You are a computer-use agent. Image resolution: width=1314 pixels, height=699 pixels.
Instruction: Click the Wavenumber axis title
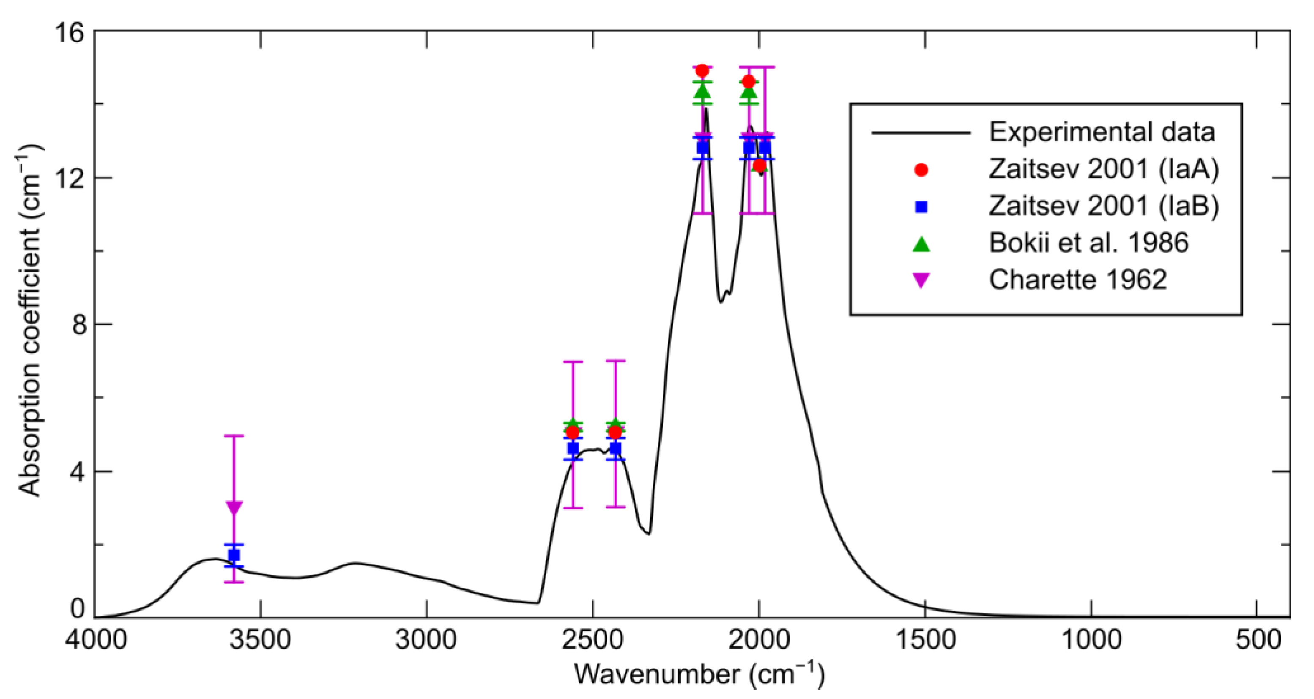[699, 674]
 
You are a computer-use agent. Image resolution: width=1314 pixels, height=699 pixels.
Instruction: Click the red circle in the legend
[921, 170]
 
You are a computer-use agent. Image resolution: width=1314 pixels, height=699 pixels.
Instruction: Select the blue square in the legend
[921, 207]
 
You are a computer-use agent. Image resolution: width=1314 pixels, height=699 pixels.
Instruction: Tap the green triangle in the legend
[921, 244]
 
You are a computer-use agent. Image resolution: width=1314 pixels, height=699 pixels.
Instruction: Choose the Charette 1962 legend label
[1078, 280]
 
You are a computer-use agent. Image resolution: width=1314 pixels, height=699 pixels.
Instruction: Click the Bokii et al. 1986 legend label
[1089, 243]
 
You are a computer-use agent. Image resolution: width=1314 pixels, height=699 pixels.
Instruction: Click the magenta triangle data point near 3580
[234, 507]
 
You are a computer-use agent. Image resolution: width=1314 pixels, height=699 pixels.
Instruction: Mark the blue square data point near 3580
[234, 555]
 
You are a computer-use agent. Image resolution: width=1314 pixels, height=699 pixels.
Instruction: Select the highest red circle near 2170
[702, 70]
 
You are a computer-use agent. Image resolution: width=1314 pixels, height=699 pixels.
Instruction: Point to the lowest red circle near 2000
[760, 165]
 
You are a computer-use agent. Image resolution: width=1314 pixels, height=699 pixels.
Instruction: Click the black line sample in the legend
[921, 133]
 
